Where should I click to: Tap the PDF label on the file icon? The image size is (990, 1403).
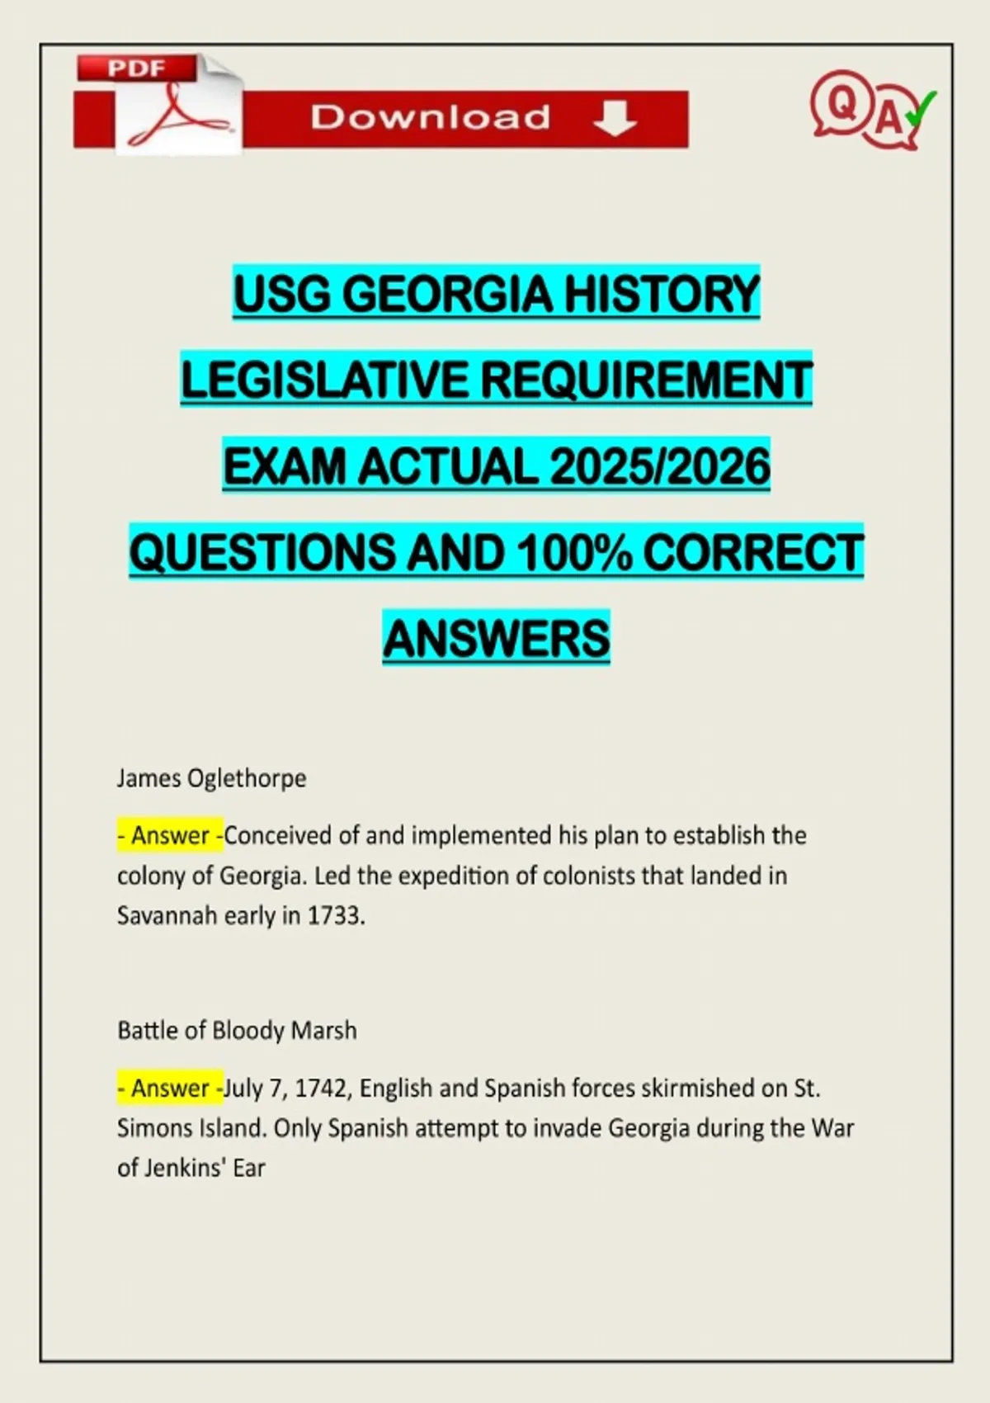click(136, 68)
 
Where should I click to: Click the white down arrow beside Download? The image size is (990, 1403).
click(615, 119)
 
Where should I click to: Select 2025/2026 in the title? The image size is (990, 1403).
click(660, 466)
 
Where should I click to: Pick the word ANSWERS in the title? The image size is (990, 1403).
click(497, 638)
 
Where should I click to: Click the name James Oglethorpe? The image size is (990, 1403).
click(211, 778)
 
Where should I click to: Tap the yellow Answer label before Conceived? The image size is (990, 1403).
click(170, 836)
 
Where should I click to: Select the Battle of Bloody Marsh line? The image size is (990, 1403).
click(237, 1031)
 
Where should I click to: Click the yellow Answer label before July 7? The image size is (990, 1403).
click(170, 1089)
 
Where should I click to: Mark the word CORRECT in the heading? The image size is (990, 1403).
click(752, 552)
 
